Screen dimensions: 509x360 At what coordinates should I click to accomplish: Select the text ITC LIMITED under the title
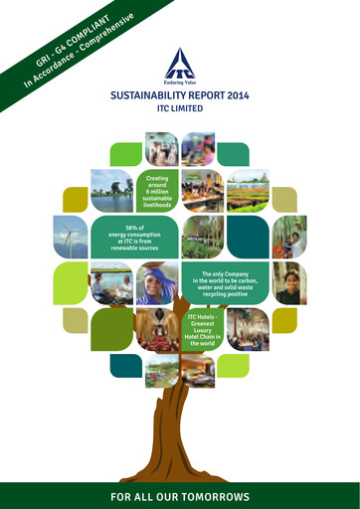coord(180,109)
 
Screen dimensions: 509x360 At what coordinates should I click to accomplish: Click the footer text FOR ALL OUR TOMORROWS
coord(180,495)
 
